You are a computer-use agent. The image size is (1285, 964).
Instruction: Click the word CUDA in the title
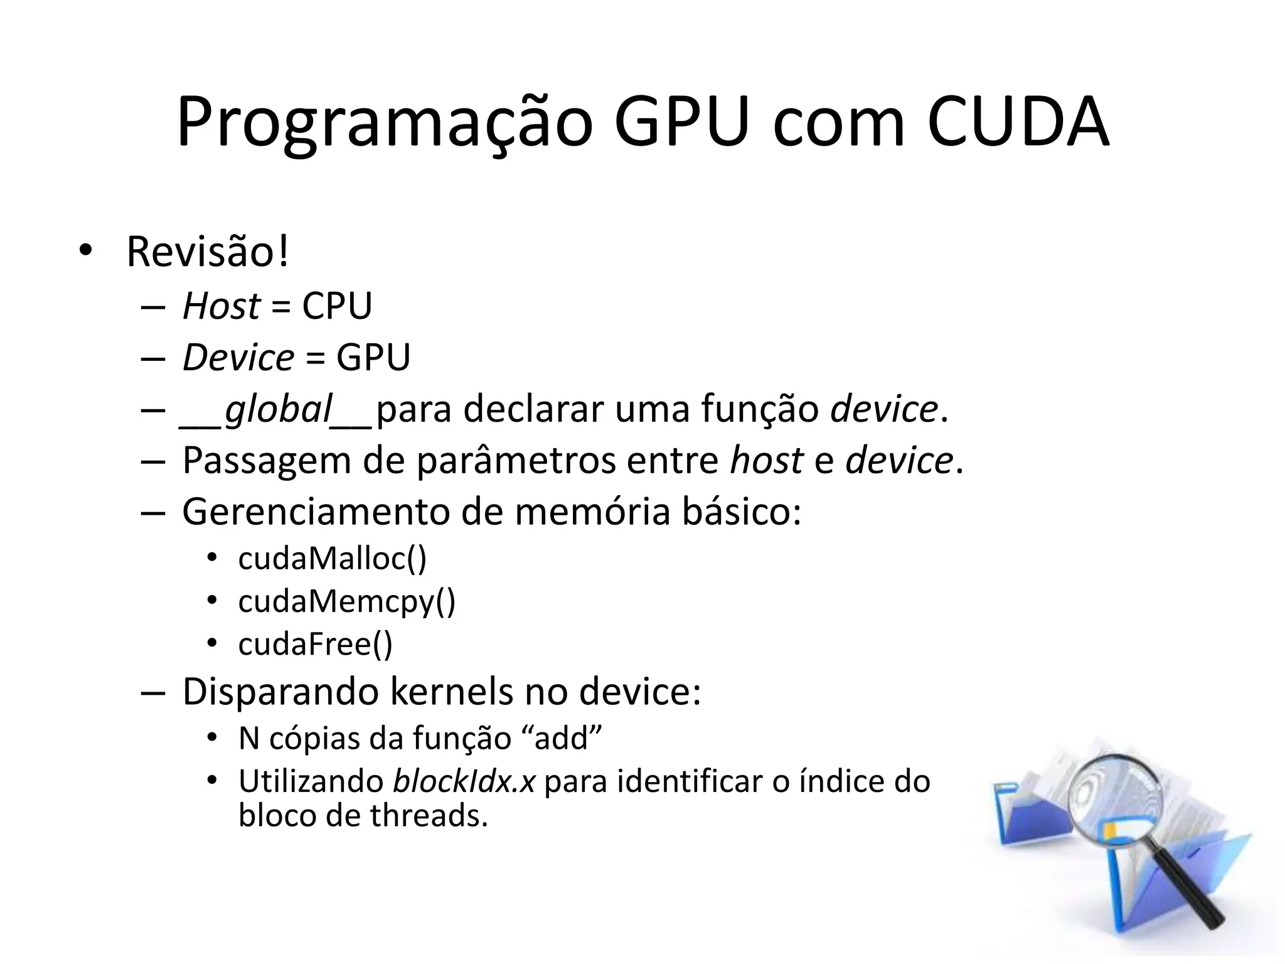1018,123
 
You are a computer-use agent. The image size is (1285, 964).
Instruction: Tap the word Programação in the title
384,123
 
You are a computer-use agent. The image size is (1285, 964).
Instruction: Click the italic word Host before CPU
221,306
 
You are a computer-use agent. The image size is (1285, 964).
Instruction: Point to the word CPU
337,306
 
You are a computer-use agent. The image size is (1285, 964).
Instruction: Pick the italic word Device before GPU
238,358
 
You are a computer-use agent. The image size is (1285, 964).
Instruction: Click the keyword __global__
276,410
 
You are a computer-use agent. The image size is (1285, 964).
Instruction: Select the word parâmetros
516,461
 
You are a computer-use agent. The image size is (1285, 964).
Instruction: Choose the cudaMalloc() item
332,559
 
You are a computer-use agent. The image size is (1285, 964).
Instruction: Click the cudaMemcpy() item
346,602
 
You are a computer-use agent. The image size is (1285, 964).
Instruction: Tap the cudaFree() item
315,645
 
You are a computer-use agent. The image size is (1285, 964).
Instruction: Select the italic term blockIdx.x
464,782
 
